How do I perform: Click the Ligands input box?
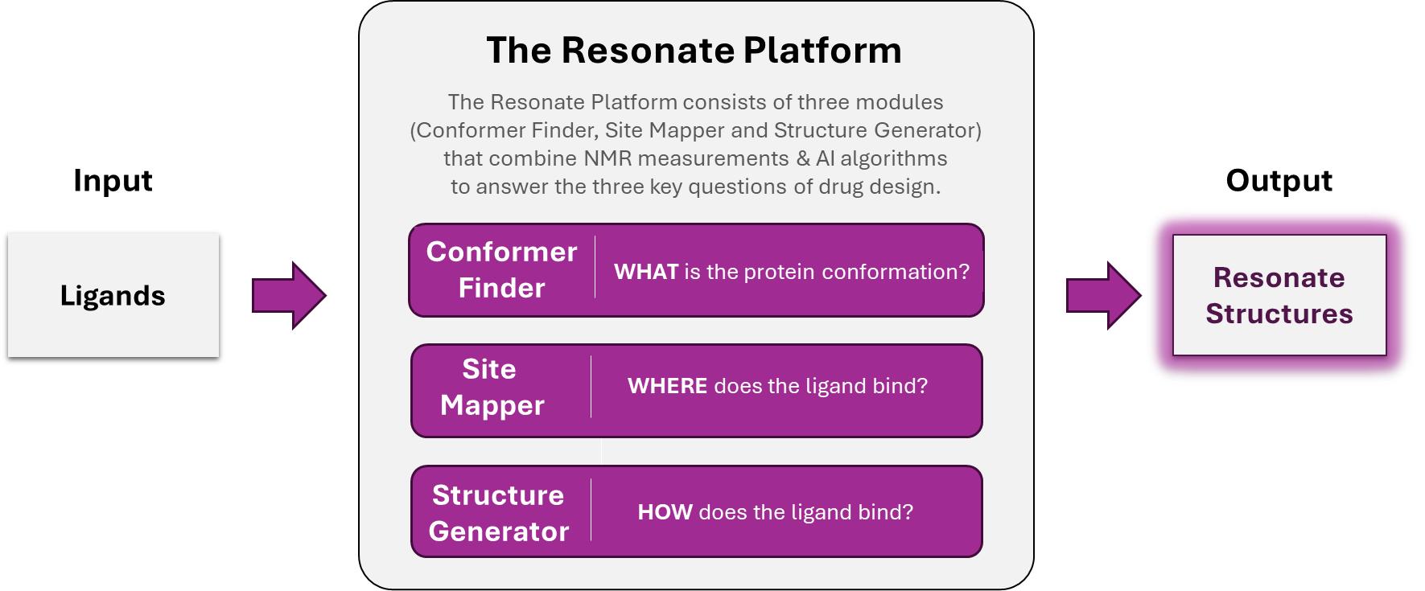(x=113, y=295)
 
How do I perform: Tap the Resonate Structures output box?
(x=1279, y=295)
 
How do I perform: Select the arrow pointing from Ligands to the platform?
(x=289, y=295)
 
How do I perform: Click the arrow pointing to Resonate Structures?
(x=1103, y=295)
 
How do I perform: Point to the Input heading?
(x=113, y=181)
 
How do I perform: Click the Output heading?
(x=1279, y=181)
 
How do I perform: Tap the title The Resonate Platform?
(x=694, y=50)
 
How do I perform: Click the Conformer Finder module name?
(x=501, y=269)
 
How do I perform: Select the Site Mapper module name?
(x=492, y=387)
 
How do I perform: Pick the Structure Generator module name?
(x=499, y=513)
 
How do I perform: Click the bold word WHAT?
(x=646, y=272)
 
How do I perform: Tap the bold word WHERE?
(x=667, y=386)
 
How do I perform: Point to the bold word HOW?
(x=665, y=512)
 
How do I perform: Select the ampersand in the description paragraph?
(x=803, y=158)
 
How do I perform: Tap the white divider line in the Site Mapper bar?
(x=591, y=387)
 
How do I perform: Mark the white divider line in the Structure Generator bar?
(x=591, y=510)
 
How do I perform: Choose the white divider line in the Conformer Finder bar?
(x=595, y=267)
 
